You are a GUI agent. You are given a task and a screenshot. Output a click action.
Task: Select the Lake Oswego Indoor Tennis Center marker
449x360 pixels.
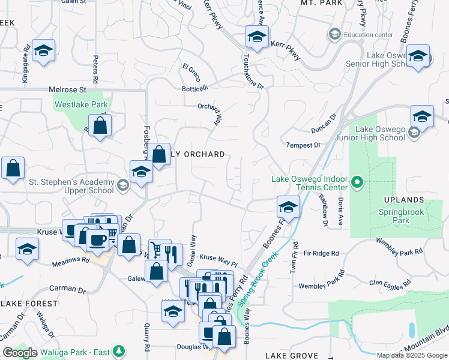point(358,181)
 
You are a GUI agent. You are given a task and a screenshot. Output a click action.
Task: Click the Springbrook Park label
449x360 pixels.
point(402,216)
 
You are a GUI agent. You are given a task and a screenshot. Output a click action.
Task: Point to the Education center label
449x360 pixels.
point(369,34)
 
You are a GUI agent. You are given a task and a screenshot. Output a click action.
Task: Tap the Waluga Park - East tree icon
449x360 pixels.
point(119,350)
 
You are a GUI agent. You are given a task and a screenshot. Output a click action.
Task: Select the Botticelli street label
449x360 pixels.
point(194,88)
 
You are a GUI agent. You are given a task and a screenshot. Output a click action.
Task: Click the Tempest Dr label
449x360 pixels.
point(303,145)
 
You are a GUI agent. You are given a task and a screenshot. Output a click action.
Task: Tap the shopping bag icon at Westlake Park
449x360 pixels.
point(101,126)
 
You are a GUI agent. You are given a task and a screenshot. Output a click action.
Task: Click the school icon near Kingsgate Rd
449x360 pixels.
point(43,51)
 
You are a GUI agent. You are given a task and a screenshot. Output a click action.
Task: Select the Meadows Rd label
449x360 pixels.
point(70,260)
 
